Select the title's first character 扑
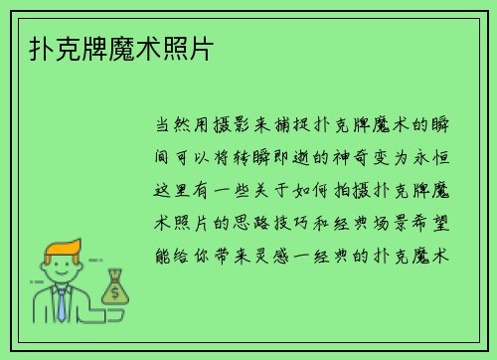click(x=30, y=48)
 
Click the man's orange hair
click(x=62, y=248)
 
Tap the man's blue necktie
click(x=62, y=301)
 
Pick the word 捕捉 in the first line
click(x=276, y=125)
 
